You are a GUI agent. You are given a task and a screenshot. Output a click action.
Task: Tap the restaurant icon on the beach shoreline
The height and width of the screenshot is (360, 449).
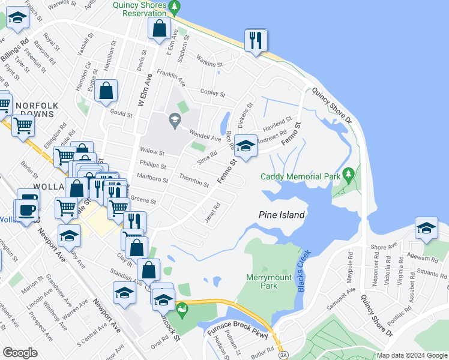256,41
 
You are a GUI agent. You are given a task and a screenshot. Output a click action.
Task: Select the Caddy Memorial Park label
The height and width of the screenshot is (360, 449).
300,176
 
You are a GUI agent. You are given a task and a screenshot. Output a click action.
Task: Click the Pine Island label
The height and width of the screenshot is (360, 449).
282,215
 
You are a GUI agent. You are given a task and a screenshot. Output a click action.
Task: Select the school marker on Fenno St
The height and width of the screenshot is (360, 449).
245,146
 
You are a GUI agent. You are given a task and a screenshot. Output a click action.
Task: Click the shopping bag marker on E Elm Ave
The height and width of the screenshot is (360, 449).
159,29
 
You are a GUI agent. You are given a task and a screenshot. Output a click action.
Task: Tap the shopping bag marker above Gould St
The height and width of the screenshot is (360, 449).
106,92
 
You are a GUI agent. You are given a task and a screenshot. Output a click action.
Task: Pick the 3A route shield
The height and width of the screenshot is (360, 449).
283,356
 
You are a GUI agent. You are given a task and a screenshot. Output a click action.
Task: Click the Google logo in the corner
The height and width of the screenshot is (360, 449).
20,352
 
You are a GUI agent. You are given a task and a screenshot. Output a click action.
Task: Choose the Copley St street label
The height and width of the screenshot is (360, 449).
212,94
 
